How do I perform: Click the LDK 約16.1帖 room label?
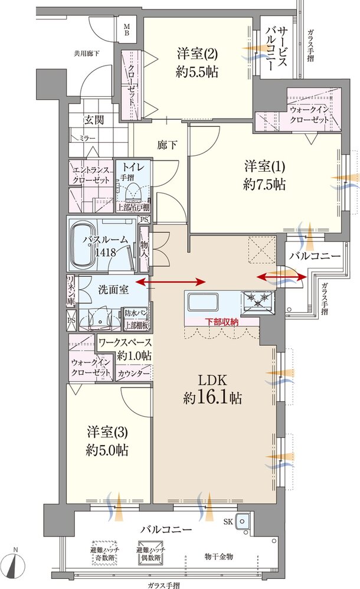pyautogui.click(x=212, y=389)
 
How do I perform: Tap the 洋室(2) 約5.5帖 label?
pyautogui.click(x=197, y=63)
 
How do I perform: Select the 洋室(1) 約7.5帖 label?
pyautogui.click(x=264, y=175)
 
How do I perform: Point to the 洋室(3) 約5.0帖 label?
pyautogui.click(x=107, y=441)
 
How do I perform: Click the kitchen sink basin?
pyautogui.click(x=203, y=301)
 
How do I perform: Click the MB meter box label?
pyautogui.click(x=127, y=29)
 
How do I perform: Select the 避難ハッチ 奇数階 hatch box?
pyautogui.click(x=105, y=554)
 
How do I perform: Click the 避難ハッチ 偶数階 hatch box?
pyautogui.click(x=150, y=554)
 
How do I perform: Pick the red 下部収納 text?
pyautogui.click(x=221, y=322)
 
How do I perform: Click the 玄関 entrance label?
pyautogui.click(x=93, y=120)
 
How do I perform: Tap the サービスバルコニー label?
pyautogui.click(x=277, y=48)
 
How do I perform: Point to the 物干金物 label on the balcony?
pyautogui.click(x=218, y=557)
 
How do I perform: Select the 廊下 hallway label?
pyautogui.click(x=167, y=145)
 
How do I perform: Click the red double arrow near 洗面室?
pyautogui.click(x=171, y=282)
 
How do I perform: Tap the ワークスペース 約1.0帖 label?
pyautogui.click(x=125, y=349)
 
